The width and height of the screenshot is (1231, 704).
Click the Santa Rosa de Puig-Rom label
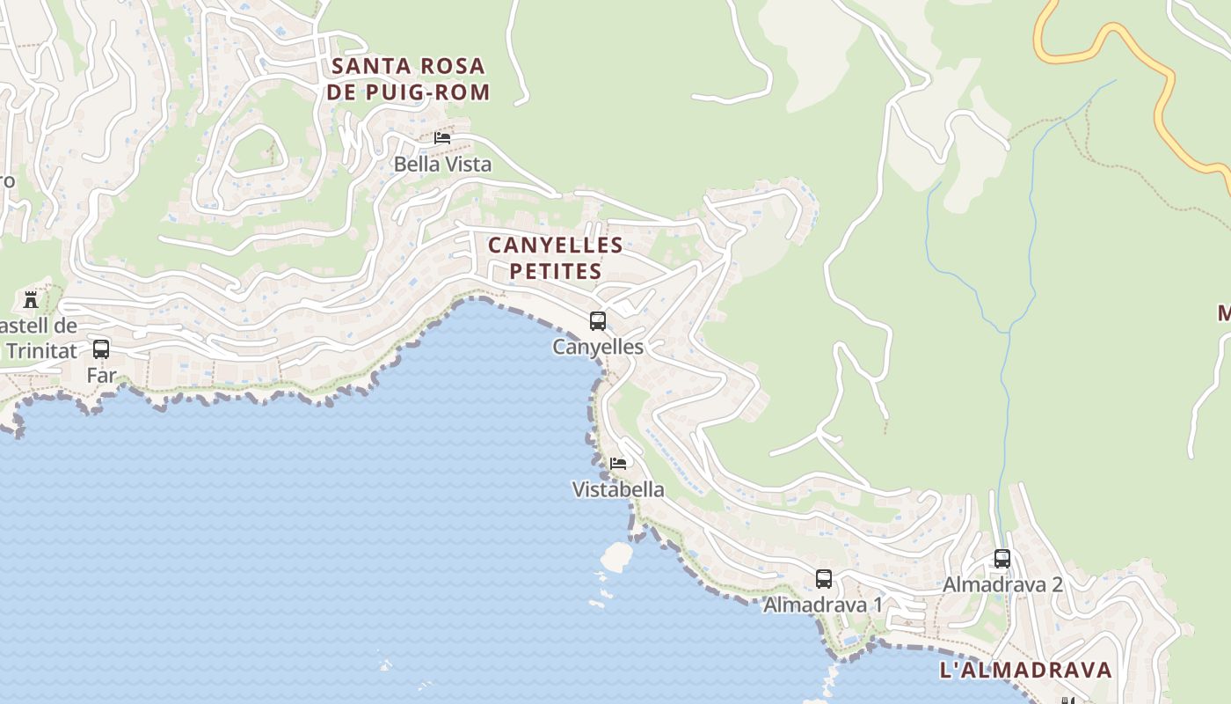point(408,78)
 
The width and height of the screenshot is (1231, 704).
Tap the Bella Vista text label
point(442,165)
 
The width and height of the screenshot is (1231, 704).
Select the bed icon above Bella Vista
point(442,137)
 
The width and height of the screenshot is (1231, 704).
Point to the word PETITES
point(556,271)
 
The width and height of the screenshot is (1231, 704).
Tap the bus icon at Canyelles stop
point(598,321)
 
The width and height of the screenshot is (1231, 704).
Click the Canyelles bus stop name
point(598,348)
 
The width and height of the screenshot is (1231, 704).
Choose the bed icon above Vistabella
point(618,463)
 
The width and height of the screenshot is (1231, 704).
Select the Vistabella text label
point(618,489)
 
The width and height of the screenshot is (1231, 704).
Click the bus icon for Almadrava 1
point(824,579)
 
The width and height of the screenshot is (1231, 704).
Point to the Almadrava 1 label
point(823,605)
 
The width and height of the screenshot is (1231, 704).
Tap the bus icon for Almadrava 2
point(1002,559)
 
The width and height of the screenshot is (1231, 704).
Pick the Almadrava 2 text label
point(1002,585)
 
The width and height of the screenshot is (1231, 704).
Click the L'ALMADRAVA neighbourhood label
point(1026,670)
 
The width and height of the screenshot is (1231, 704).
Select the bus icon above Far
point(101,349)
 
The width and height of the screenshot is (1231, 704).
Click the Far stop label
point(101,376)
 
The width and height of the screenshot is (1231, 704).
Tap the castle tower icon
point(31,300)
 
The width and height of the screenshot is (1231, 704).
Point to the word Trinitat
point(41,351)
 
